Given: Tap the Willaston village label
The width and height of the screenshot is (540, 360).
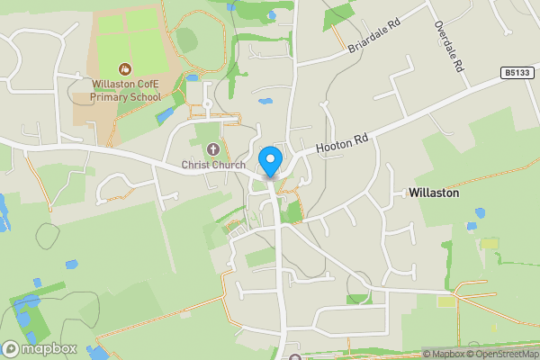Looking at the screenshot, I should click(434, 193).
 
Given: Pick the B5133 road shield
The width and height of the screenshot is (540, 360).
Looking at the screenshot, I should click(515, 71).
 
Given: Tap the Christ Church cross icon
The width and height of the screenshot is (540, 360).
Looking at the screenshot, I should click(213, 148).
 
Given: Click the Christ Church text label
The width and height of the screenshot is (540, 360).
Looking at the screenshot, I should click(213, 165).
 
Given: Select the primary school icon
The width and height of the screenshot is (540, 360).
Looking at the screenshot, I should click(125, 68).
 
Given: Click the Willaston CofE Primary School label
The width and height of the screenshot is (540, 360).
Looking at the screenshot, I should click(127, 90).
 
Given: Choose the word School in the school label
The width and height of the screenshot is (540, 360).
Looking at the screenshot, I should click(145, 96).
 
